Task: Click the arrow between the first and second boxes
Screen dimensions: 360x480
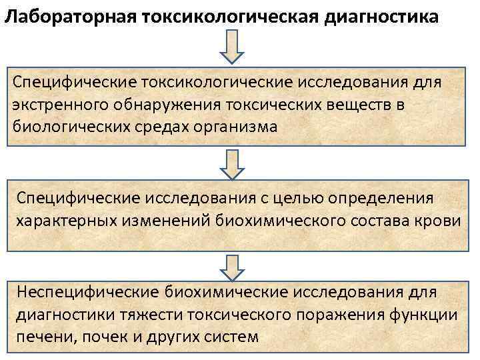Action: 233,163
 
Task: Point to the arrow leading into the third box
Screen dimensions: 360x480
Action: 233,267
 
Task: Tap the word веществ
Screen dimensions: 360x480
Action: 364,106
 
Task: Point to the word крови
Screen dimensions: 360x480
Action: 440,221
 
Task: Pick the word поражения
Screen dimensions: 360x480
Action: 337,315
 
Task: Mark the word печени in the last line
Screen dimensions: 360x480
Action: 41,337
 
